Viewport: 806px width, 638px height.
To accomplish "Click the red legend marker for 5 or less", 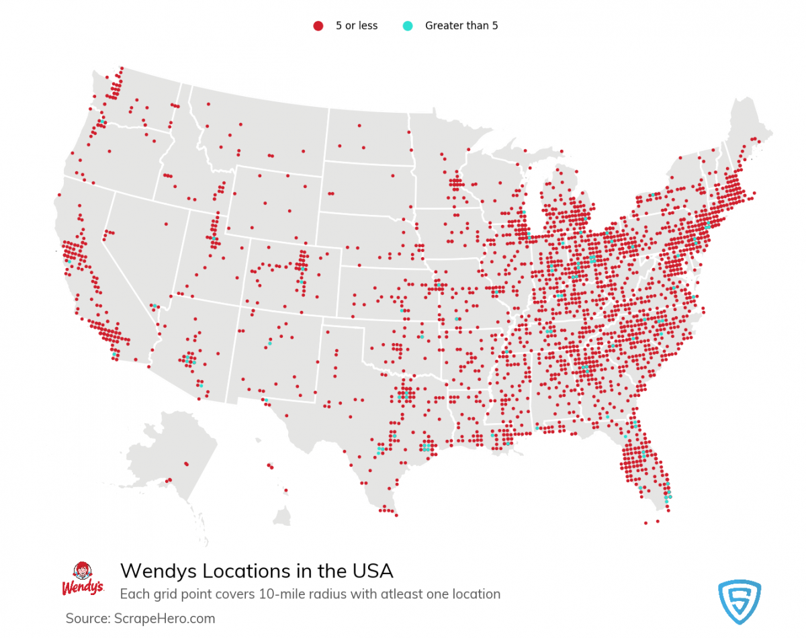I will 318,26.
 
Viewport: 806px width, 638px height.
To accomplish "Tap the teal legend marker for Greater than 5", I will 407,26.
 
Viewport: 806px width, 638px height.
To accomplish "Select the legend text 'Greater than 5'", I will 461,26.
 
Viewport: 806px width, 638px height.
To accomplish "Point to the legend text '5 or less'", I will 357,26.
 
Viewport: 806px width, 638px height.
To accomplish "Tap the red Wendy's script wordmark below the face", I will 83,588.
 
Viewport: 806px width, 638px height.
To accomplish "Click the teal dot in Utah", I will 214,238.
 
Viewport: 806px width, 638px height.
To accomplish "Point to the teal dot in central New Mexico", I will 269,343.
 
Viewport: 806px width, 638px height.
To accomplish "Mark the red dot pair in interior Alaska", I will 186,463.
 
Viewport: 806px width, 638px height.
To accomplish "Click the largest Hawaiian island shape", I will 282,516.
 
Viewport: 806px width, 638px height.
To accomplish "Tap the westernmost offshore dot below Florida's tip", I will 645,522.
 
